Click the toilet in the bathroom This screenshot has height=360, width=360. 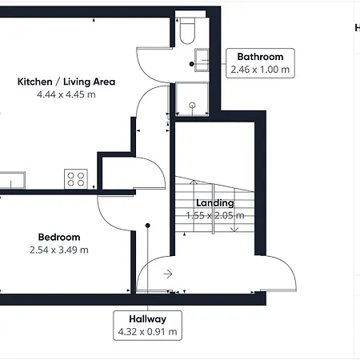coord(187,31)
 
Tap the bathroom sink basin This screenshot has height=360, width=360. coord(202,60)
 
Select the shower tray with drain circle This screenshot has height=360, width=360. coord(192,99)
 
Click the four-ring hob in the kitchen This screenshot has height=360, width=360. coord(76,179)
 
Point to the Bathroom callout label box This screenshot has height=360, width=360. coord(260,63)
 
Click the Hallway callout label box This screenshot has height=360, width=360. coord(147,326)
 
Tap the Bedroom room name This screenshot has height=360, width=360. coord(59,237)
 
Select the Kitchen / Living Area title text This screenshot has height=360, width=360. coord(66,82)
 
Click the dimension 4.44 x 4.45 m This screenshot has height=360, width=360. coord(66,94)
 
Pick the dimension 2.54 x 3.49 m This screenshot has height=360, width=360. coord(59,250)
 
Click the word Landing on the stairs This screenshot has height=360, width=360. coord(215,203)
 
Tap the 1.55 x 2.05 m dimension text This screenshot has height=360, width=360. coord(215,215)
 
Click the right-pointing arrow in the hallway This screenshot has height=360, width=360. coord(168,274)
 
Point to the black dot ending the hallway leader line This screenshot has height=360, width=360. coord(147,226)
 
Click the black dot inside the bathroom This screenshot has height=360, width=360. coord(191,64)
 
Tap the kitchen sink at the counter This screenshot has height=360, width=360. coord(13,180)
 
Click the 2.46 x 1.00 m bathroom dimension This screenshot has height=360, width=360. coord(260,70)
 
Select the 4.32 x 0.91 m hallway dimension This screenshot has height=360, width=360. coord(147,332)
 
